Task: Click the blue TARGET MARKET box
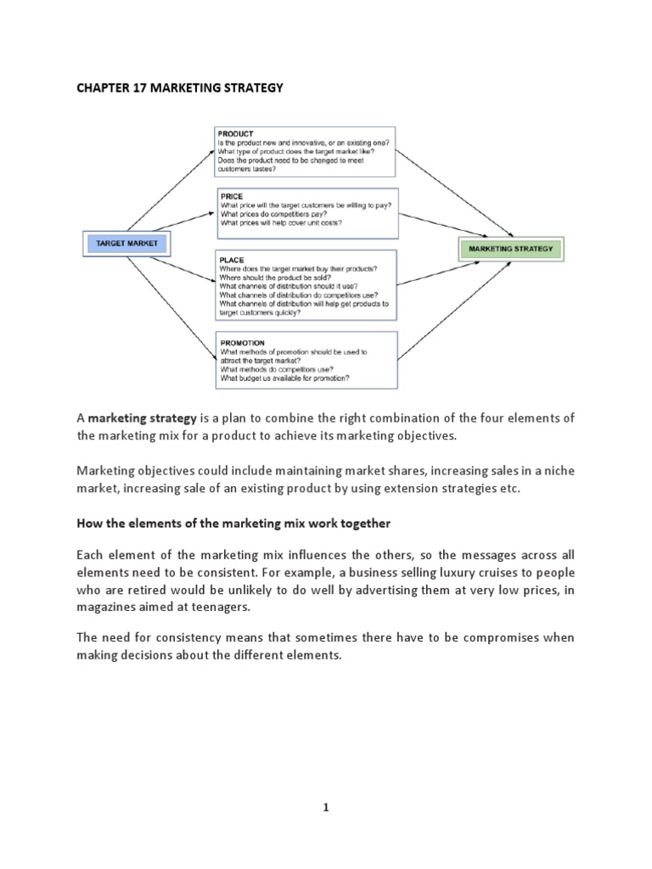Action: coord(126,244)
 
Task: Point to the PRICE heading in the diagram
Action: coord(232,196)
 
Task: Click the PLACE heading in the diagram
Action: coord(233,259)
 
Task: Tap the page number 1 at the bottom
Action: coord(326,808)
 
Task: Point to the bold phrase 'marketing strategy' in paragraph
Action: coord(142,418)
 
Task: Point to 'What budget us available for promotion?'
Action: coord(284,378)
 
